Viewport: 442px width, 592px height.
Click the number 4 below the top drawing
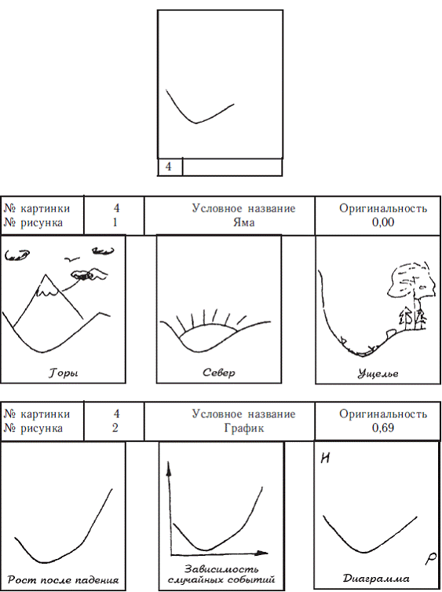(x=168, y=167)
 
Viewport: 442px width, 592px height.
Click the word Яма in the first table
(x=243, y=222)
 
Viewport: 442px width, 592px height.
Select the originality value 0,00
(x=383, y=222)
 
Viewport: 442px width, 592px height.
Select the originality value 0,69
(x=383, y=428)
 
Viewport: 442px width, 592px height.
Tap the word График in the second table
(x=243, y=428)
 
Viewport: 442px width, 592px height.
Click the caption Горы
(x=63, y=373)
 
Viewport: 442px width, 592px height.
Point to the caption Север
(x=219, y=373)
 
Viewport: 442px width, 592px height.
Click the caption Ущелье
(x=378, y=373)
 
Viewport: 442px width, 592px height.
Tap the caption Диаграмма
(x=376, y=579)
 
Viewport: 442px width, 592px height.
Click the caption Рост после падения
(x=63, y=580)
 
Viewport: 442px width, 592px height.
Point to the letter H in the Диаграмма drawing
(x=325, y=458)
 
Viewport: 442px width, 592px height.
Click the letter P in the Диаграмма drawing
(x=431, y=560)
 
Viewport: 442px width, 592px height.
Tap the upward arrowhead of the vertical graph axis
(x=169, y=468)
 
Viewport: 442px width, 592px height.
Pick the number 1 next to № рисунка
(x=115, y=222)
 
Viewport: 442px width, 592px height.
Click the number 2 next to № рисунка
(x=115, y=428)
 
